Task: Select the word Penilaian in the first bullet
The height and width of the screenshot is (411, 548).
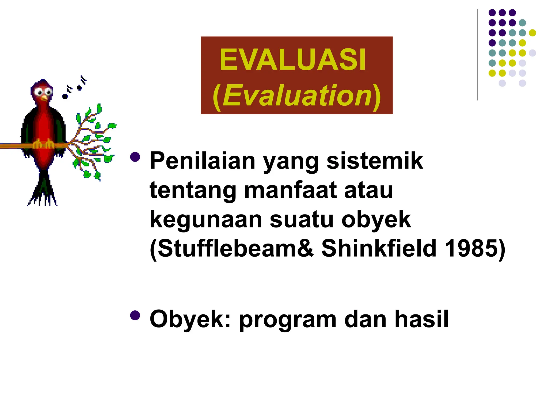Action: coord(203,161)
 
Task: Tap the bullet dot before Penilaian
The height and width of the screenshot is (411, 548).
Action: coord(135,157)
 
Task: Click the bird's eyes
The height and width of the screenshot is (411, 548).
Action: coord(44,93)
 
